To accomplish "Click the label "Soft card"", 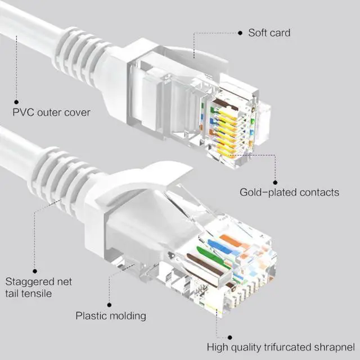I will pyautogui.click(x=269, y=33).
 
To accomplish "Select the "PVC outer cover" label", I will pyautogui.click(x=51, y=112).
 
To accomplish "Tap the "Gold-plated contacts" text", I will pyautogui.click(x=289, y=192).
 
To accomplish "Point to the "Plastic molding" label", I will pyautogui.click(x=111, y=316).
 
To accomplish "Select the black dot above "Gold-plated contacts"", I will pyautogui.click(x=275, y=182).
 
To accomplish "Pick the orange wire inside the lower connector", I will pyautogui.click(x=230, y=242).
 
